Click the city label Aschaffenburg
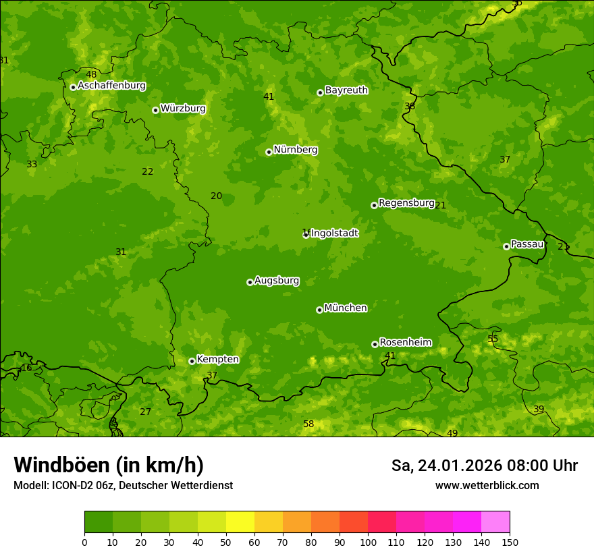(111, 86)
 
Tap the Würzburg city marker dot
(155, 110)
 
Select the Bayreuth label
(346, 90)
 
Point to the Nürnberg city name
(295, 150)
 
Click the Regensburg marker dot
(374, 205)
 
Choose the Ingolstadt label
(335, 233)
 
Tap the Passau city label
(527, 244)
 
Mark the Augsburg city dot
(250, 282)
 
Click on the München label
(346, 308)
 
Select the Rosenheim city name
(405, 342)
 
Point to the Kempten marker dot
(192, 361)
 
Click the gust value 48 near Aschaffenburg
(91, 74)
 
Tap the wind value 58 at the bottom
(308, 424)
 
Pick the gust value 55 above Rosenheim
(493, 339)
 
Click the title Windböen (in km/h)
(109, 465)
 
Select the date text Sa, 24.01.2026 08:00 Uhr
(484, 466)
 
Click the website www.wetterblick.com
(487, 485)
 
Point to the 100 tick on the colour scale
(368, 542)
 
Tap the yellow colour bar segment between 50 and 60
(240, 522)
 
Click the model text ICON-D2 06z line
(123, 485)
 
